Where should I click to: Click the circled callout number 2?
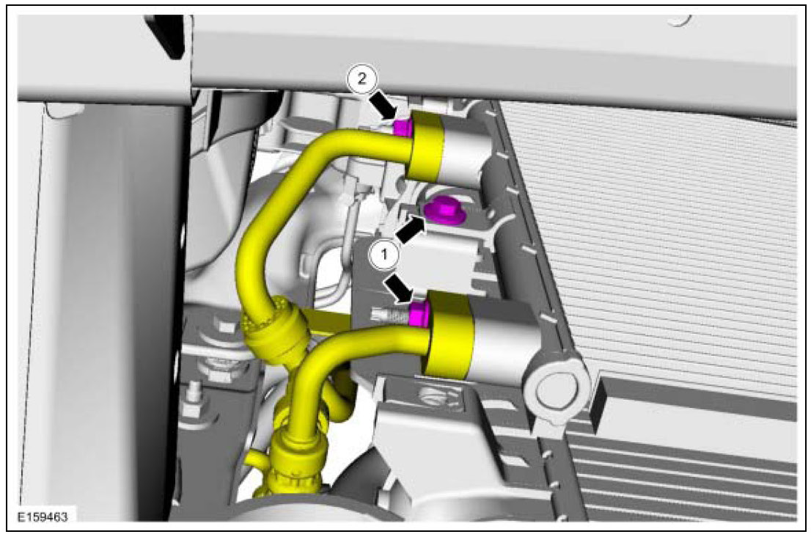coord(362,78)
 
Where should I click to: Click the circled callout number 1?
coord(384,255)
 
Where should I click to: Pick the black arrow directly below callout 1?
coord(399,288)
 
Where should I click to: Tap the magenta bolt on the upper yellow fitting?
coord(402,128)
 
